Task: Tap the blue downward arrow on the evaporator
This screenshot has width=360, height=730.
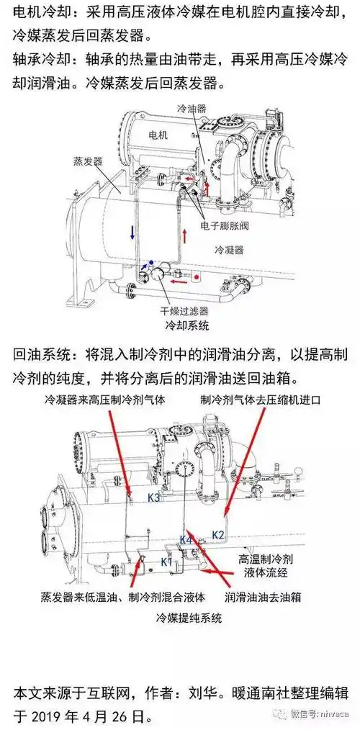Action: [x=131, y=232]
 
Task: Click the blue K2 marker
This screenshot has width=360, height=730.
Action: [x=219, y=535]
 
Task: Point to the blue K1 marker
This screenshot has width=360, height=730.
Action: [x=166, y=561]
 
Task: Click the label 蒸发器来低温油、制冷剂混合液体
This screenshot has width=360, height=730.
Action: [x=123, y=597]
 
